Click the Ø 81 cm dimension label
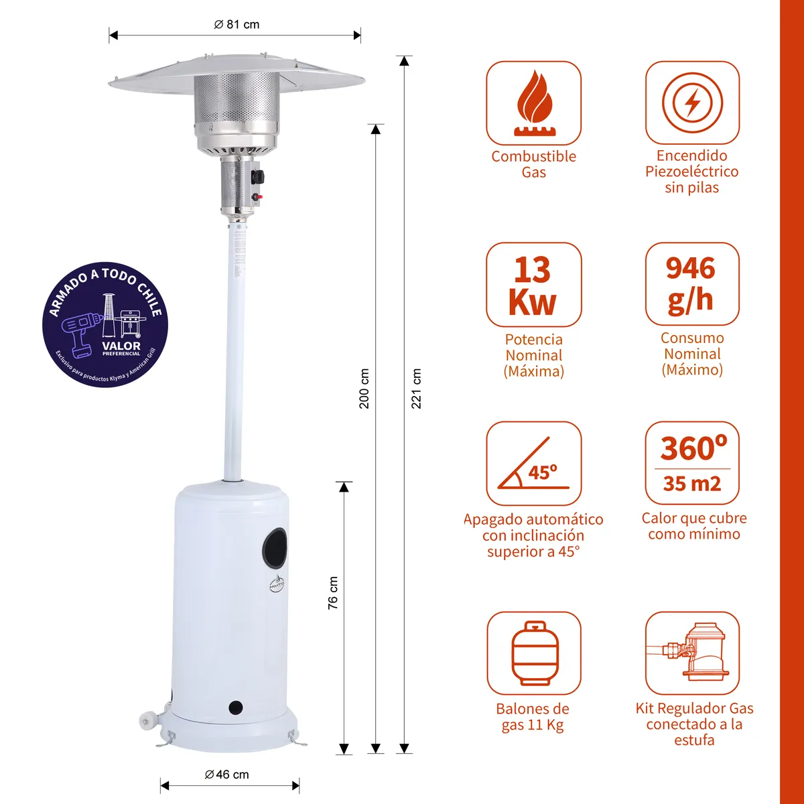[237, 25]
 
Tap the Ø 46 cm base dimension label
[226, 775]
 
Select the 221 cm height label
[417, 388]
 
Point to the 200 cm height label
[364, 388]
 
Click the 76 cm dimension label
[333, 593]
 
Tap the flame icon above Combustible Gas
[533, 103]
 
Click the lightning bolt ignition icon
[692, 103]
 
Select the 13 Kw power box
[533, 285]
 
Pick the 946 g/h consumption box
[692, 284]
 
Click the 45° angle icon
[533, 464]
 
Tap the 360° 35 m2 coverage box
[692, 463]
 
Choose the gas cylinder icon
[533, 653]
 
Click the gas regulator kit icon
[692, 653]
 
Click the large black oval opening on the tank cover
[274, 547]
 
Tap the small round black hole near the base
[235, 706]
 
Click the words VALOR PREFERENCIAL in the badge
[121, 348]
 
